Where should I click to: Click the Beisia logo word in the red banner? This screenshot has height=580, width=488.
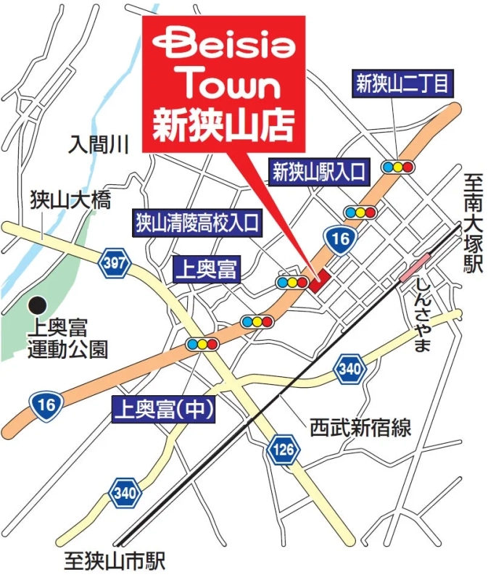(x=224, y=46)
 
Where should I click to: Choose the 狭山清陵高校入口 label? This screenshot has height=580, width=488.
(x=197, y=223)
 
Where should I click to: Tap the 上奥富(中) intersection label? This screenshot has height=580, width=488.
(x=164, y=411)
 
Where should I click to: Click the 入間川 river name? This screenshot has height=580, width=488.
(x=98, y=144)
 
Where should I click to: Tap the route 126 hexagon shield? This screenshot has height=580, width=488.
(x=284, y=450)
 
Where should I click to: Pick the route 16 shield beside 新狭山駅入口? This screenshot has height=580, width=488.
(x=339, y=239)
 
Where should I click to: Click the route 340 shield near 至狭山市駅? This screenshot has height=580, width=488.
(x=125, y=494)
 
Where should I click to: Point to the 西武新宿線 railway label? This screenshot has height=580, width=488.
(x=360, y=427)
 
